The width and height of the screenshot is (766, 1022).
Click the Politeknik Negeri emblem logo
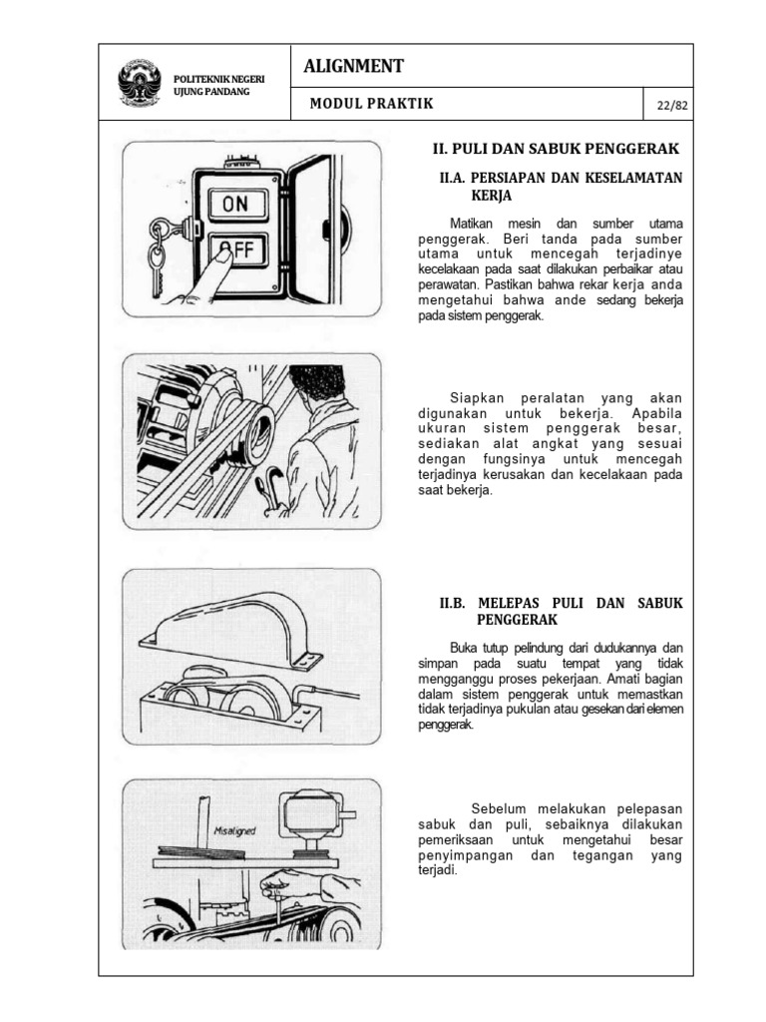click(x=140, y=83)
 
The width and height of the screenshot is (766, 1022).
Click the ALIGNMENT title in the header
click(x=354, y=66)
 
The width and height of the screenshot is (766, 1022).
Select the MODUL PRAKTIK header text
click(x=371, y=104)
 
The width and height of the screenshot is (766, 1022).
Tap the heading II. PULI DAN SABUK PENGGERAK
click(x=555, y=149)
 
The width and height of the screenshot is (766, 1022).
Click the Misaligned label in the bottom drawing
click(x=235, y=828)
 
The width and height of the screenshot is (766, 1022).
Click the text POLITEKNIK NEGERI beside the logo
click(x=212, y=78)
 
